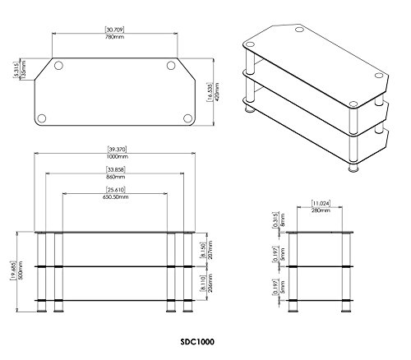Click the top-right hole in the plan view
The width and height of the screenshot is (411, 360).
[170, 67]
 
